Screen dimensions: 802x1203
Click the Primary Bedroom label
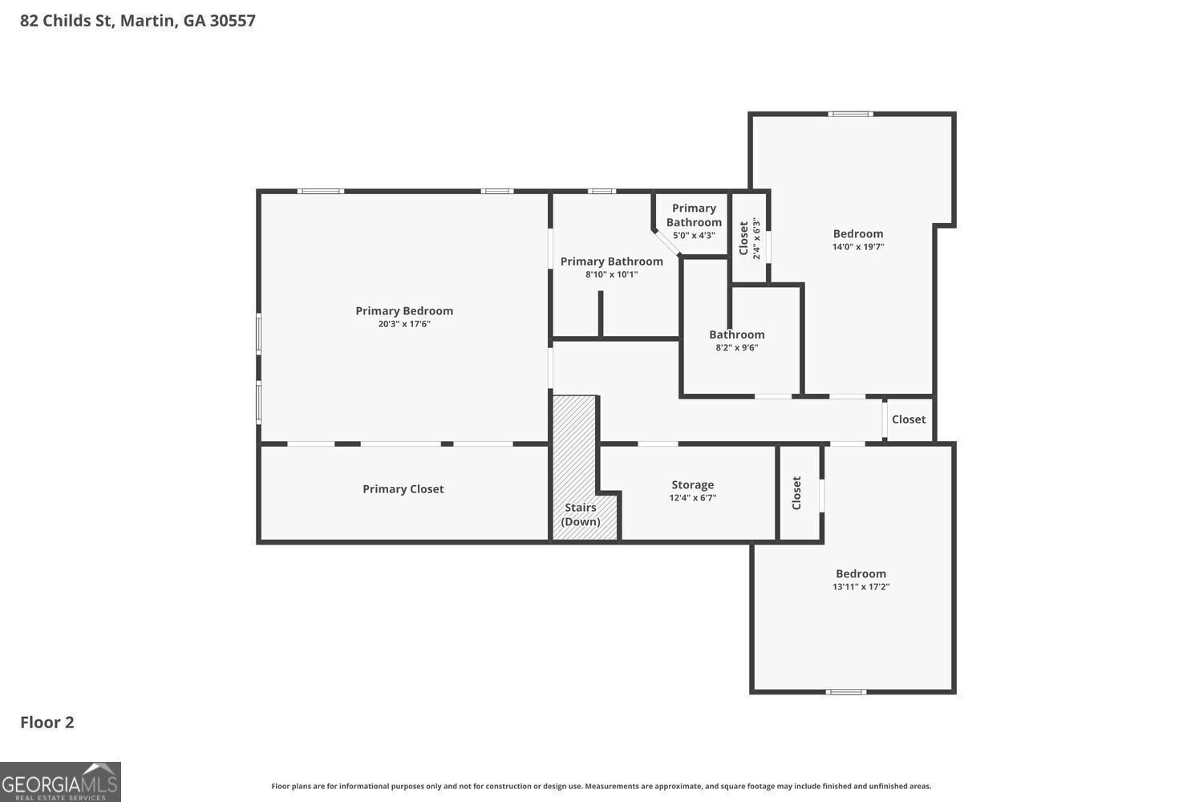[x=404, y=311]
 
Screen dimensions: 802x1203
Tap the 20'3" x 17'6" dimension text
[x=404, y=324]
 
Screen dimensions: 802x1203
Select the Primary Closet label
[x=403, y=489]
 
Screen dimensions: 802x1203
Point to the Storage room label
[x=692, y=485]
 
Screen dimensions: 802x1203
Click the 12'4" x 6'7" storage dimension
[x=692, y=498]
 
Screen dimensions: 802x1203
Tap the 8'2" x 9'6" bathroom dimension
[x=736, y=348]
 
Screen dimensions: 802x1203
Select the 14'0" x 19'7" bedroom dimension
[x=857, y=247]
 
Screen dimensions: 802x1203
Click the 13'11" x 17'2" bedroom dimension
[x=861, y=587]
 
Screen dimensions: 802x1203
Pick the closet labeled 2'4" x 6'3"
[x=749, y=238]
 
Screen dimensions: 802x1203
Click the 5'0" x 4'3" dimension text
[x=694, y=236]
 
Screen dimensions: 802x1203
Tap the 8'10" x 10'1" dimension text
[x=611, y=274]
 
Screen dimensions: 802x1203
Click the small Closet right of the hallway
[x=909, y=419]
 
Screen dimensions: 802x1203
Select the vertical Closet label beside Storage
[x=797, y=493]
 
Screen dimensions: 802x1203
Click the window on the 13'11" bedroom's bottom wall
[x=846, y=691]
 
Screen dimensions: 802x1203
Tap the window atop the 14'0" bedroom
[x=851, y=114]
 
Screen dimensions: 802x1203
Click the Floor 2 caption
[x=47, y=723]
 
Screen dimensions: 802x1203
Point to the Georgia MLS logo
[x=60, y=782]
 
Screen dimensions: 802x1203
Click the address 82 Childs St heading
[x=138, y=21]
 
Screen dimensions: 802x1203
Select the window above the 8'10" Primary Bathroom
[x=601, y=191]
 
